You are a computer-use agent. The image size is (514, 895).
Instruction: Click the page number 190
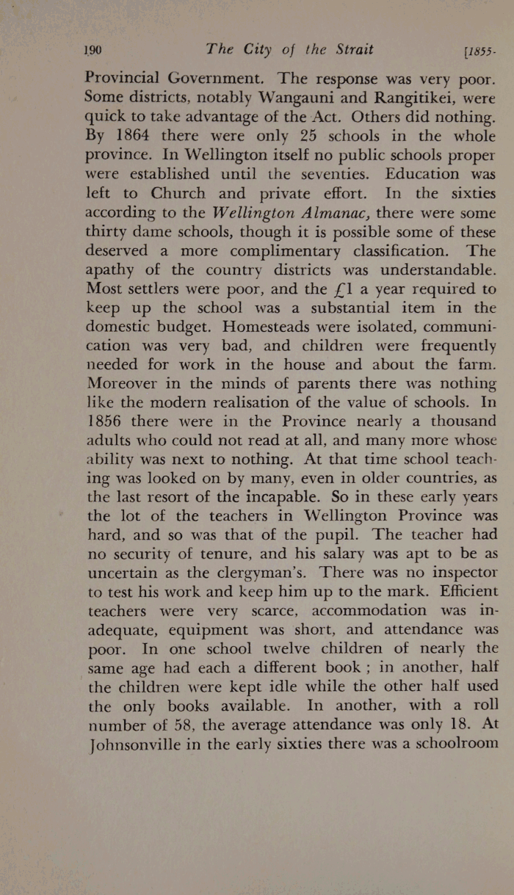[93, 50]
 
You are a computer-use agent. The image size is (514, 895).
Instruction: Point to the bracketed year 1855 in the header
[478, 51]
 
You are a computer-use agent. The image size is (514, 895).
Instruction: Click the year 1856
[109, 421]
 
